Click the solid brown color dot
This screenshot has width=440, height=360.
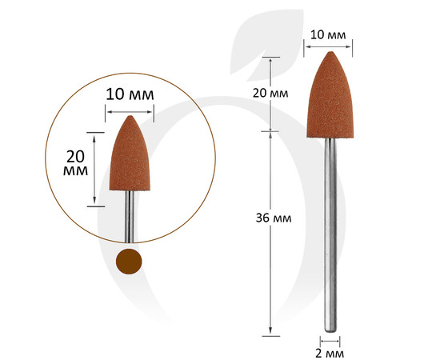point(129,262)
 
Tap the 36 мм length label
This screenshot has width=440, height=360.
point(274,218)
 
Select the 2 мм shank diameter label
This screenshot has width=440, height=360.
point(330,354)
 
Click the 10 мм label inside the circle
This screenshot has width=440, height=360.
point(130,94)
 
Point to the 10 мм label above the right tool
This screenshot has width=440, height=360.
point(328,35)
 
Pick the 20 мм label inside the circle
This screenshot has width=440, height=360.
point(75,163)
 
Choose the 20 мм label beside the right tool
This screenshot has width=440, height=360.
point(270,93)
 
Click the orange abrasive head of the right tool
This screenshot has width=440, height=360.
point(330,95)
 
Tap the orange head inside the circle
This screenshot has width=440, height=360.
point(130,154)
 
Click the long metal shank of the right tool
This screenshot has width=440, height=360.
point(330,235)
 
